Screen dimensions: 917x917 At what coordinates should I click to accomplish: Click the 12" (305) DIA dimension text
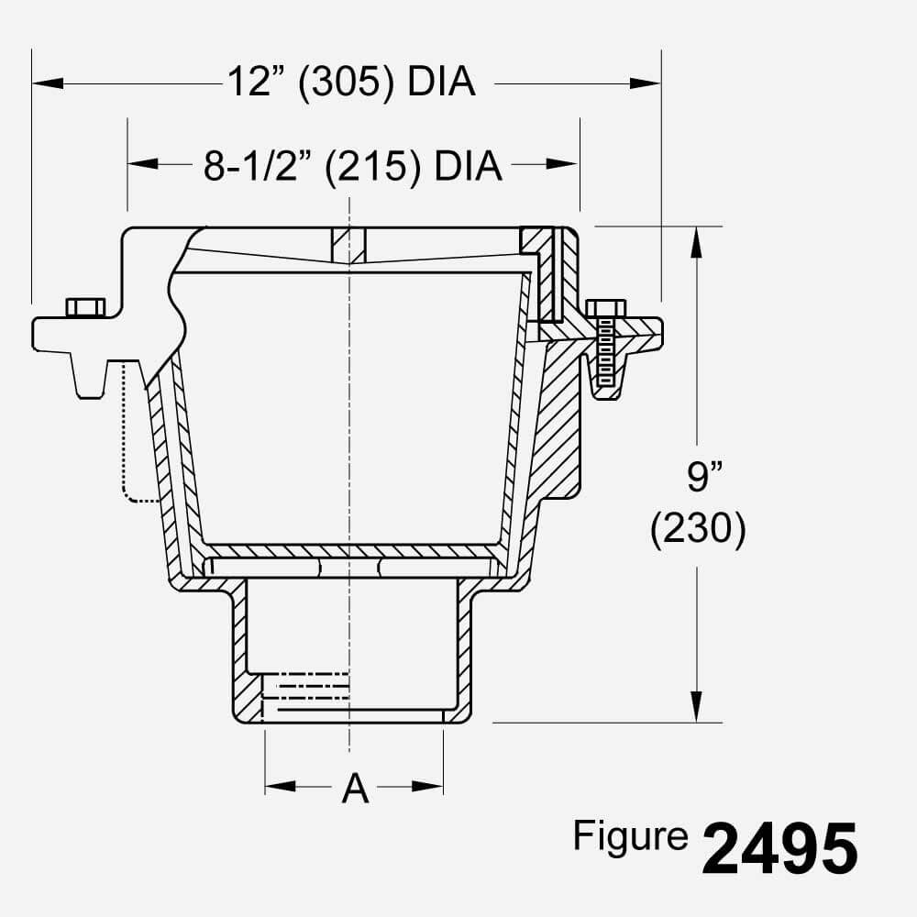(351, 83)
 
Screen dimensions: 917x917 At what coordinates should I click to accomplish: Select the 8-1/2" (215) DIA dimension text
(353, 166)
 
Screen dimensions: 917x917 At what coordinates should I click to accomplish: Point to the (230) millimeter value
(698, 531)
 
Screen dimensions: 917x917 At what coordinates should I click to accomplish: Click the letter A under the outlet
(355, 789)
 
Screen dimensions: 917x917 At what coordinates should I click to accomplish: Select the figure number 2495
(780, 848)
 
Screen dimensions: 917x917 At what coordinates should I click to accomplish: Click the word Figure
(630, 836)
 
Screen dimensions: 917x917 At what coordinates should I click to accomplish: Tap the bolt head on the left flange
(85, 307)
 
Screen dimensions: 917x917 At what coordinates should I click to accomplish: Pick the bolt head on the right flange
(605, 308)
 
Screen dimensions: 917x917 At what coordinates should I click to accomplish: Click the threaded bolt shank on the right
(604, 353)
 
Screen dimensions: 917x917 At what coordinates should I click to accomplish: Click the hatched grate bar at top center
(348, 246)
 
